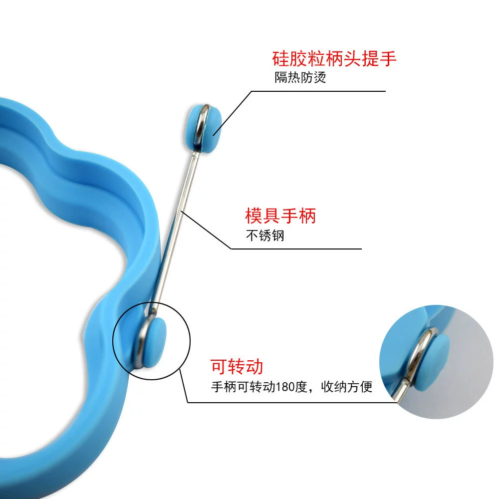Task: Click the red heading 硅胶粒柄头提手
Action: point(334,59)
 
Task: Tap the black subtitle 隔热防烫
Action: point(300,77)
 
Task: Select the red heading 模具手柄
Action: point(280,216)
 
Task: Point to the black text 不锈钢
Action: point(265,236)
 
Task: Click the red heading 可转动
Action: point(237,366)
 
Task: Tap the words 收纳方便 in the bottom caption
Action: point(347,387)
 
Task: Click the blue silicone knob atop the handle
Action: point(204,128)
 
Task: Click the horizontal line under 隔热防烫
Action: point(318,91)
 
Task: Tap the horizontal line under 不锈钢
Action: point(296,249)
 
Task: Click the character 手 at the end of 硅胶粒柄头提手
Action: point(388,59)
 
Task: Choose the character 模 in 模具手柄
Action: point(253,216)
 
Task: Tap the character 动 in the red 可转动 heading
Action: point(254,366)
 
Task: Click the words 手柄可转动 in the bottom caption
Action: point(243,387)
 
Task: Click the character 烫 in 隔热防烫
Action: point(320,77)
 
